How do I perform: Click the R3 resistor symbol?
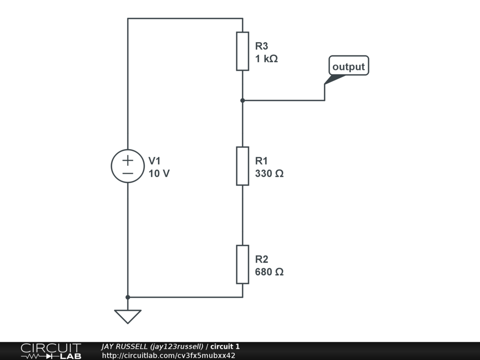tap(242, 51)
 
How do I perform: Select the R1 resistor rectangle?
tap(242, 166)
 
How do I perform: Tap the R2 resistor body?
tap(242, 264)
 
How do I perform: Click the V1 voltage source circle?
tap(127, 166)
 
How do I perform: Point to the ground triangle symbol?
tap(127, 316)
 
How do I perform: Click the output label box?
tap(349, 66)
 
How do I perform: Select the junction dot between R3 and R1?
tap(242, 100)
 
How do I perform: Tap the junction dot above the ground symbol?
tap(127, 297)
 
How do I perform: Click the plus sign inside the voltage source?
tap(127, 160)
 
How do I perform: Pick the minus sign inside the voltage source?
tap(127, 173)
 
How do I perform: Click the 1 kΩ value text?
tap(266, 59)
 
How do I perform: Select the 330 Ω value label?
tap(269, 173)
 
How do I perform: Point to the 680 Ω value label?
tap(269, 272)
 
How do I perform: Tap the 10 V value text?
tap(159, 173)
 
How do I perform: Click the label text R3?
tap(262, 46)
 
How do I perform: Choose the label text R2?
tap(262, 259)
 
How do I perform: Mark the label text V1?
tap(155, 161)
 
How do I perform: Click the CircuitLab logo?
tap(51, 351)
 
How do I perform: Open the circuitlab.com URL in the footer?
tap(168, 355)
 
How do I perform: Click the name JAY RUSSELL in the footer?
tap(125, 346)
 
